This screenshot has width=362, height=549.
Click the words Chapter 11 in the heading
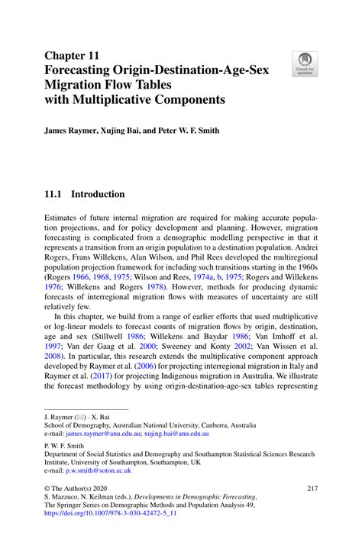[73, 56]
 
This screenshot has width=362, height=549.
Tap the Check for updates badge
[305, 63]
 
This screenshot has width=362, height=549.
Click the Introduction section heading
[98, 194]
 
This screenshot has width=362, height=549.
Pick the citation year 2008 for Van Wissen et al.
[53, 355]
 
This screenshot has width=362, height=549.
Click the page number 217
[311, 488]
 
